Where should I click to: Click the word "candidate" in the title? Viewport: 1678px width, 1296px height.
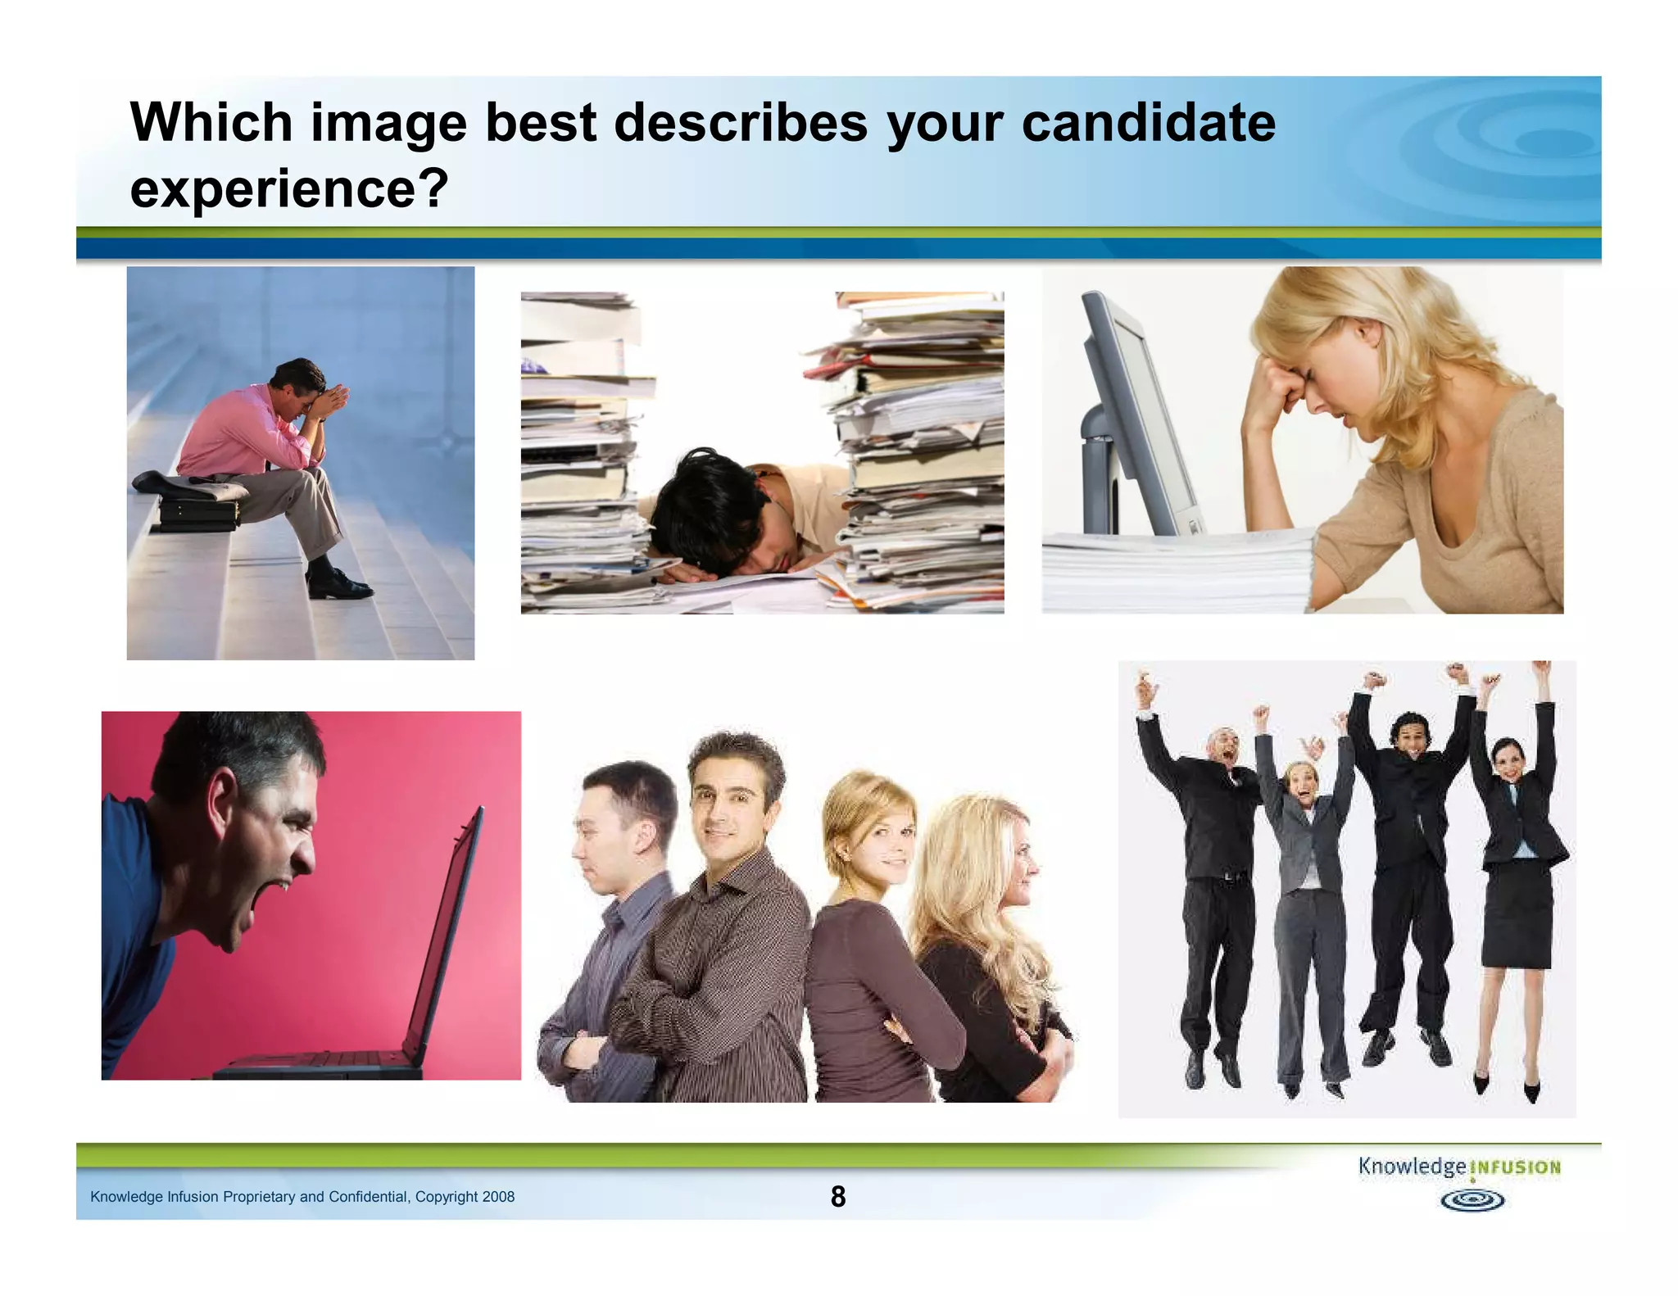pyautogui.click(x=1148, y=123)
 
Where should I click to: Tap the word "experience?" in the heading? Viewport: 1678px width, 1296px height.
pyautogui.click(x=289, y=188)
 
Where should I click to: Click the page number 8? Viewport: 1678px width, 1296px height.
pyautogui.click(x=837, y=1197)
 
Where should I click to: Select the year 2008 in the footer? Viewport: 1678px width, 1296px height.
pyautogui.click(x=498, y=1197)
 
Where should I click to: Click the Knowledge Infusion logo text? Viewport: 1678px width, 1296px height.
pyautogui.click(x=1458, y=1167)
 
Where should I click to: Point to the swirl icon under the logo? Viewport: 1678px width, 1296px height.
pyautogui.click(x=1472, y=1201)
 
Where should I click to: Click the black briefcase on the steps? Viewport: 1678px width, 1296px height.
pyautogui.click(x=199, y=514)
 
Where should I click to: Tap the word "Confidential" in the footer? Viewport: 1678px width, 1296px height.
pyautogui.click(x=368, y=1197)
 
